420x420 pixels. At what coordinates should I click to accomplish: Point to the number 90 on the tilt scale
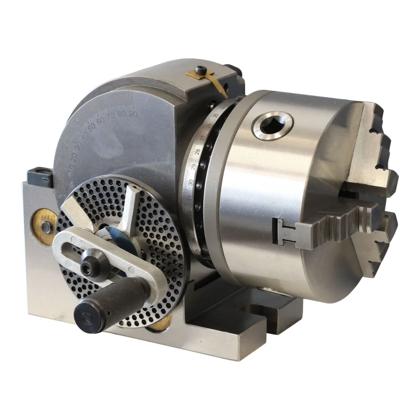pyautogui.click(x=133, y=113)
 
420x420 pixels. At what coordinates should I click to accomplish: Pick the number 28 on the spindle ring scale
pyautogui.click(x=198, y=152)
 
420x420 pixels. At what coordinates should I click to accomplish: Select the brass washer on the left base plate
pyautogui.click(x=44, y=220)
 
